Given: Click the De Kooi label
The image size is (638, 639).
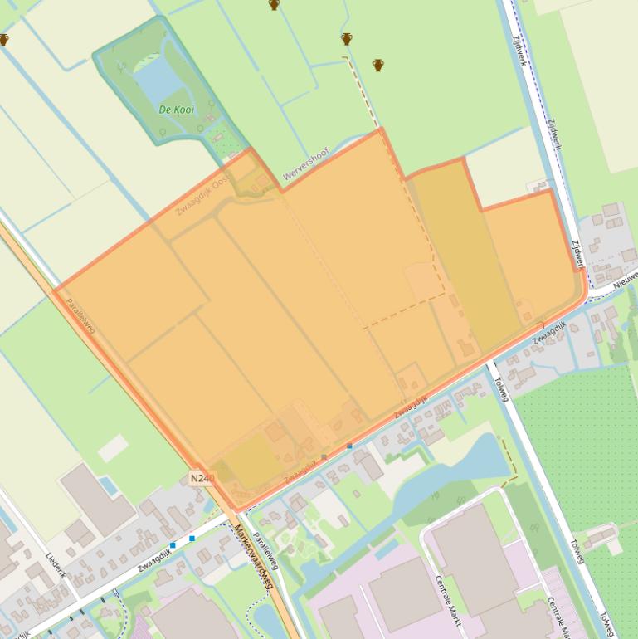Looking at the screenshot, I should tap(175, 109).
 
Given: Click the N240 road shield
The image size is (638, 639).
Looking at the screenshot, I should tap(202, 478).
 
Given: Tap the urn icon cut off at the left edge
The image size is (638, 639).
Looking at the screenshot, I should tap(3, 39).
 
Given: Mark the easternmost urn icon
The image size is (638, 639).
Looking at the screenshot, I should tap(378, 65).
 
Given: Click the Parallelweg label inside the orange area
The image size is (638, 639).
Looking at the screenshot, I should tap(80, 315).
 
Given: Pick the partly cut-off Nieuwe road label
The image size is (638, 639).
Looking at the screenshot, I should tap(626, 279).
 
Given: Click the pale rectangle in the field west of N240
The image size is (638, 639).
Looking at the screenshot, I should tap(113, 448).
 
